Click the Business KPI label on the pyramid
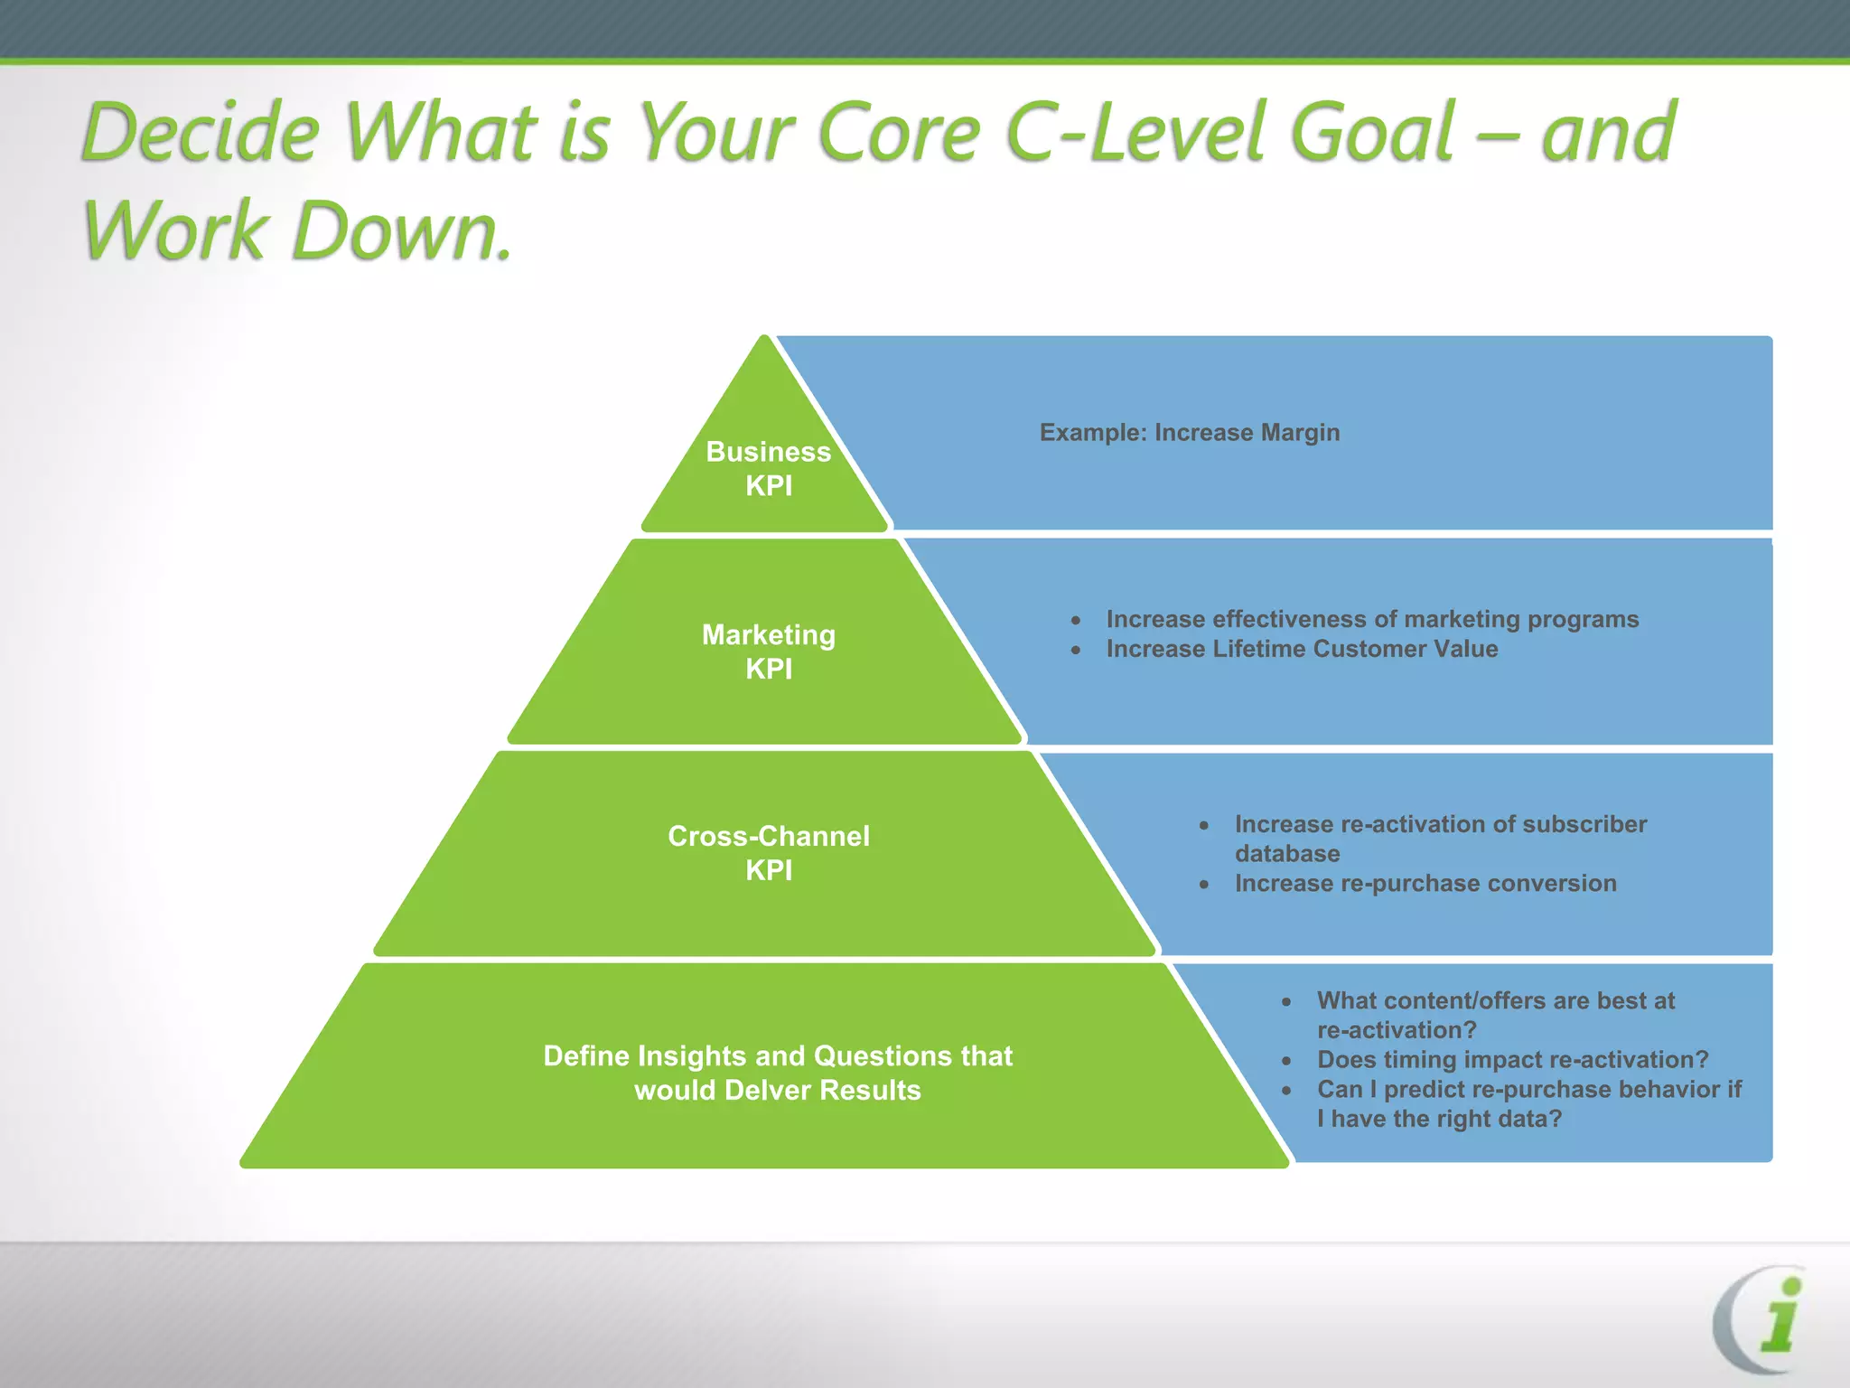[768, 468]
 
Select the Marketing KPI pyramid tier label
[768, 652]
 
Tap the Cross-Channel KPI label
[768, 852]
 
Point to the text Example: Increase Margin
[1189, 433]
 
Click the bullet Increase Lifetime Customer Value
[1301, 649]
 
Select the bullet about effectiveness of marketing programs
[1371, 619]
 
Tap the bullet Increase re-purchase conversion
[1425, 883]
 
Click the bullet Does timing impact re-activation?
[1512, 1059]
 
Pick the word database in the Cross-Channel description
[1286, 854]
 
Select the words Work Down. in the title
[298, 230]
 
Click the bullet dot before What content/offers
[1286, 1001]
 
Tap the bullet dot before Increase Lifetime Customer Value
[1076, 650]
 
